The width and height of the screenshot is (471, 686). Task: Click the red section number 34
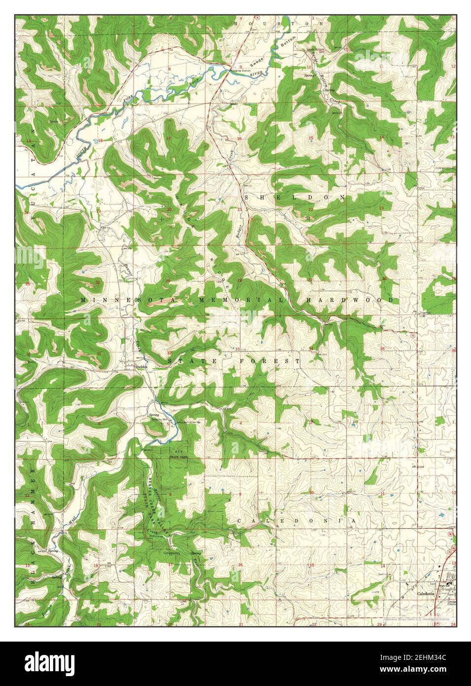[311, 349]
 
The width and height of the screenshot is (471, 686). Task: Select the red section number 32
[169, 353]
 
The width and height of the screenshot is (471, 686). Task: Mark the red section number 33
[237, 350]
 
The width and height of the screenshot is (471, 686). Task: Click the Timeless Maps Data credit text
[417, 618]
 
